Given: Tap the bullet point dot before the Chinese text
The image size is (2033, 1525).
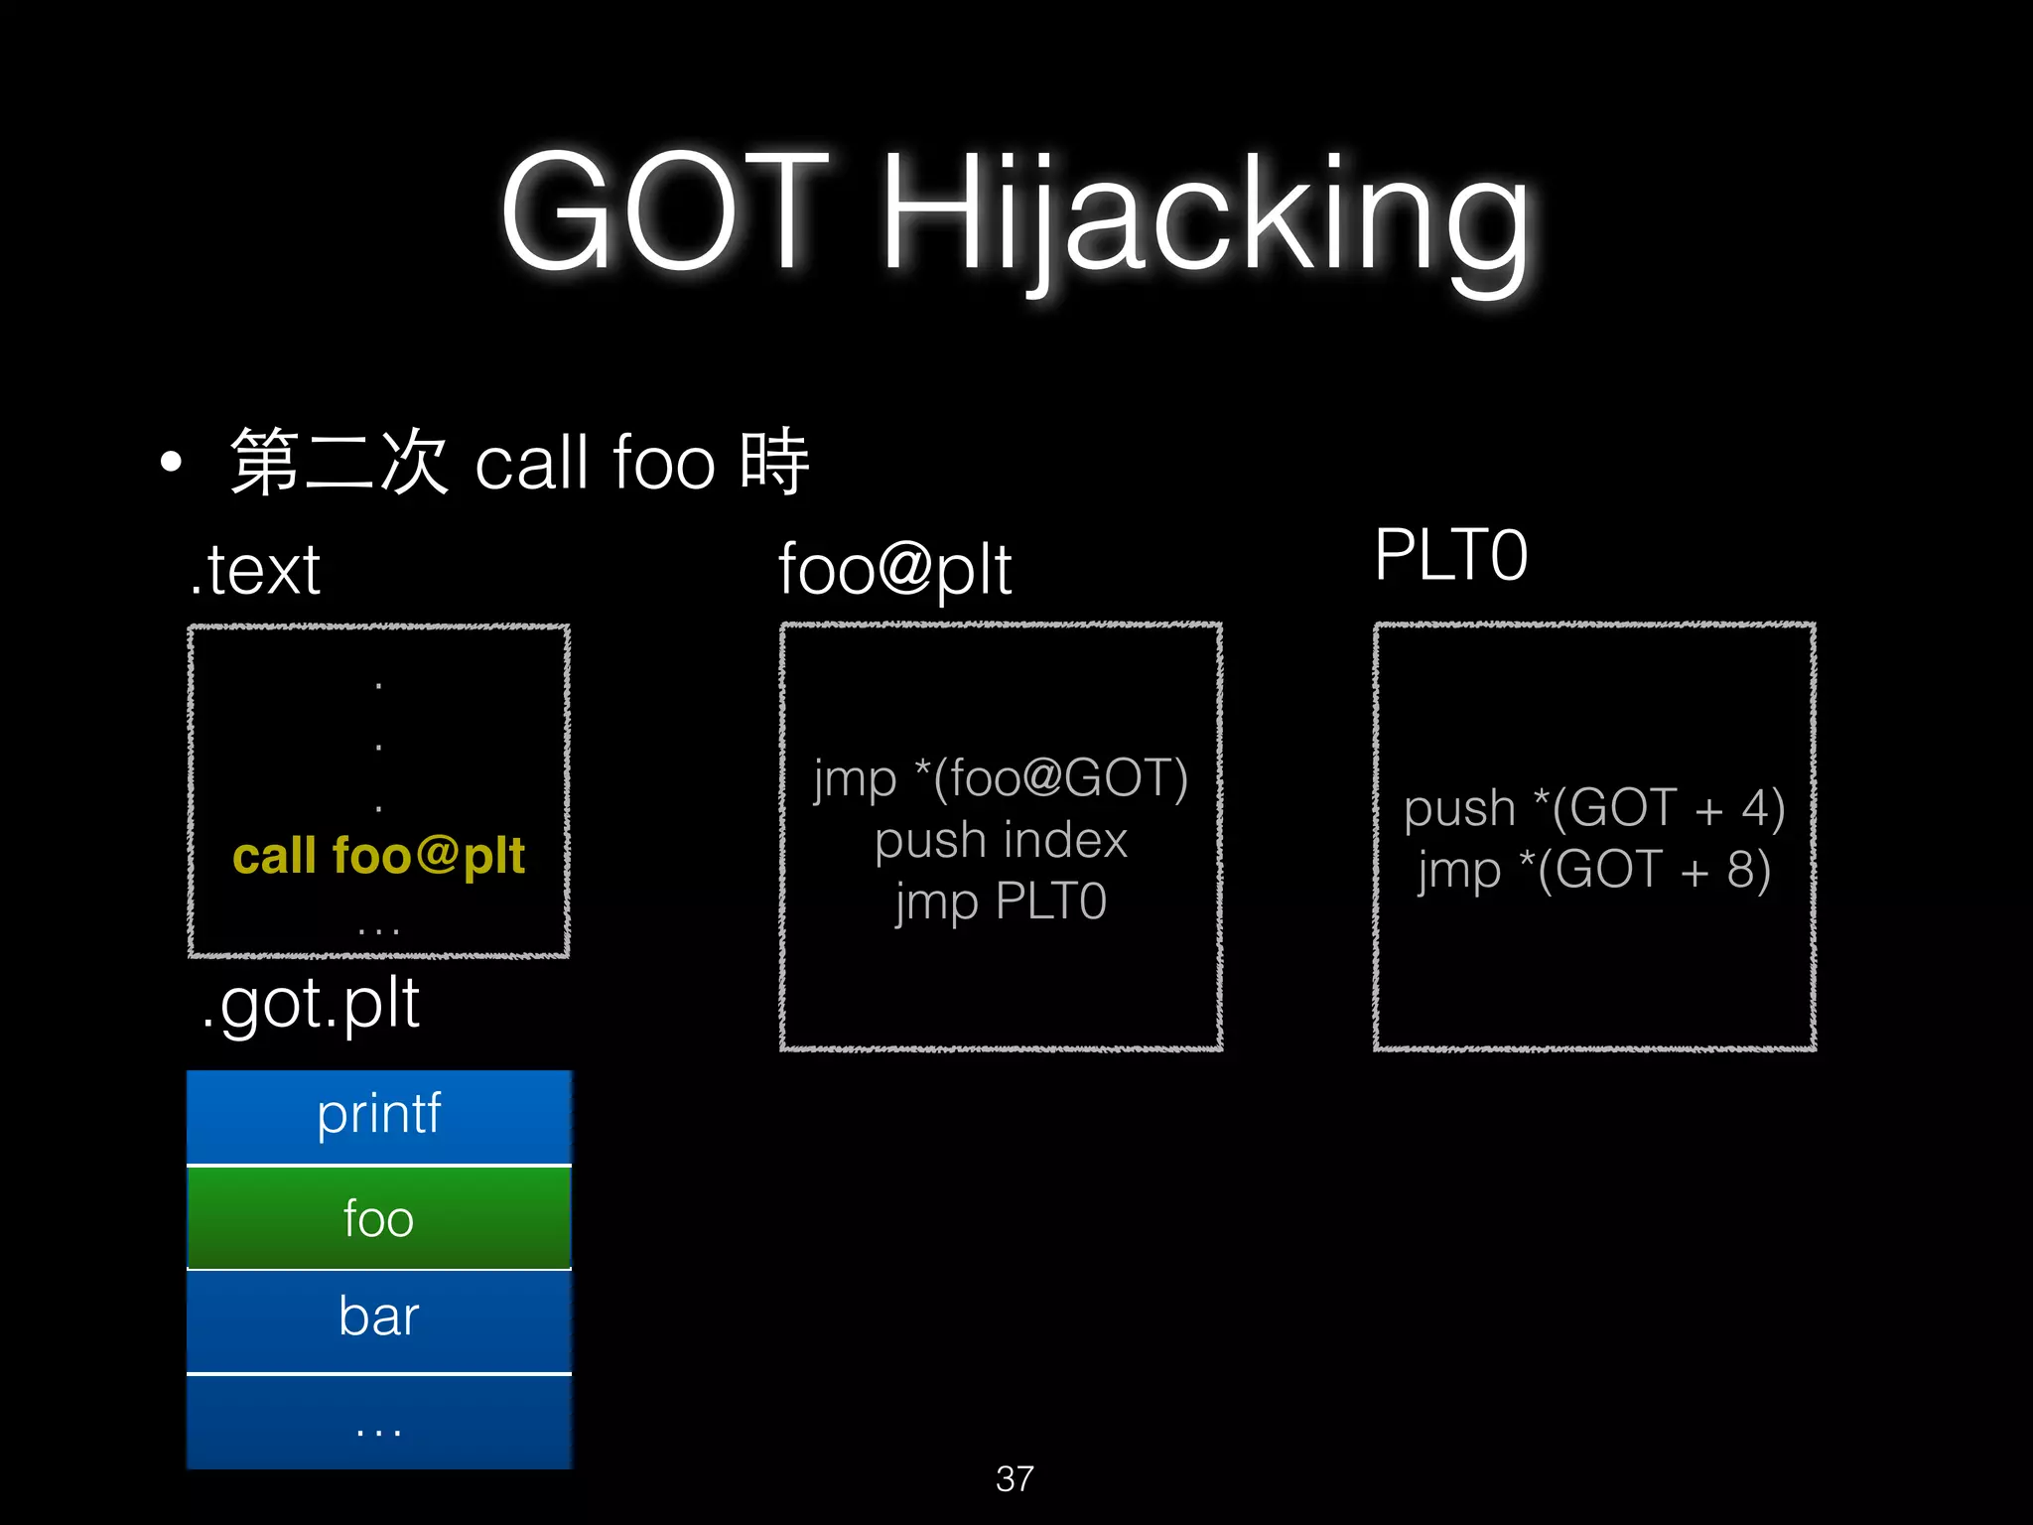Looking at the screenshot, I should point(172,462).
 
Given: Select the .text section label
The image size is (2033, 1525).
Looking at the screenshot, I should point(256,570).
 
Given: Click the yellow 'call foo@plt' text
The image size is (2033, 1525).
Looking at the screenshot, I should point(378,856).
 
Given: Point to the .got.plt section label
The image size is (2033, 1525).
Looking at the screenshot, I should point(310,1003).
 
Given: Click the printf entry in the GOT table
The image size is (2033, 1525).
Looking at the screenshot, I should point(378,1114).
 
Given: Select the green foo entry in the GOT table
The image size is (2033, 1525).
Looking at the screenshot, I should point(378,1218).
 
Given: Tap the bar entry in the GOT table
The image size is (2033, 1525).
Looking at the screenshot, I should point(378,1317).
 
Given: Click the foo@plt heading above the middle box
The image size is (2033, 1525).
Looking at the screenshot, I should point(894,570).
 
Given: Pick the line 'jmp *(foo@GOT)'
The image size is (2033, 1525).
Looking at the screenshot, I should point(1001,778).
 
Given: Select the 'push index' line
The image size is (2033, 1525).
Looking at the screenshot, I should point(1001,840).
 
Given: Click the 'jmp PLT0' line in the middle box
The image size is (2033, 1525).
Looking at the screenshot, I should point(1001,901).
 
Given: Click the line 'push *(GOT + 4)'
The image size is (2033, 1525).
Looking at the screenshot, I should point(1594,808).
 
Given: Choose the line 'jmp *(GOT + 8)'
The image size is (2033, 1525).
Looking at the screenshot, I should point(1594,870).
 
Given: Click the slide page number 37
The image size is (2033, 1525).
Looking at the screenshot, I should point(1015,1478).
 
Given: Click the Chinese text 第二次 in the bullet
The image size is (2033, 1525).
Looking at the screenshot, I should point(339,462).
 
